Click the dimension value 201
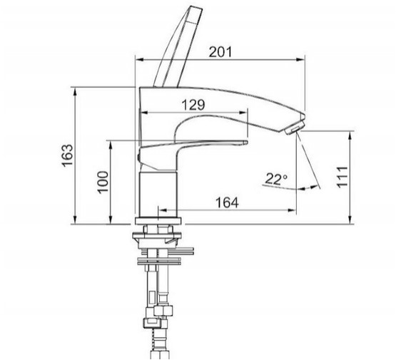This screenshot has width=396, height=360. click(220, 52)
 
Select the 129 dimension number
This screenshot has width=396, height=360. click(193, 105)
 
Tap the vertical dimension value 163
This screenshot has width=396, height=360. click(68, 155)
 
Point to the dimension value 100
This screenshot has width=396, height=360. click(103, 182)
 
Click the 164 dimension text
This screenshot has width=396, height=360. click(227, 202)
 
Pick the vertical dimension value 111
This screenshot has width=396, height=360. click(342, 177)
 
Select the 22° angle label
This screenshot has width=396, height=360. click(276, 180)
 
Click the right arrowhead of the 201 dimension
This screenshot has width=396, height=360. click(300, 60)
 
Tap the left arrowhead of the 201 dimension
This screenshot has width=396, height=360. click(140, 60)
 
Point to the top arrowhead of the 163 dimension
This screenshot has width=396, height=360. click(75, 91)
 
